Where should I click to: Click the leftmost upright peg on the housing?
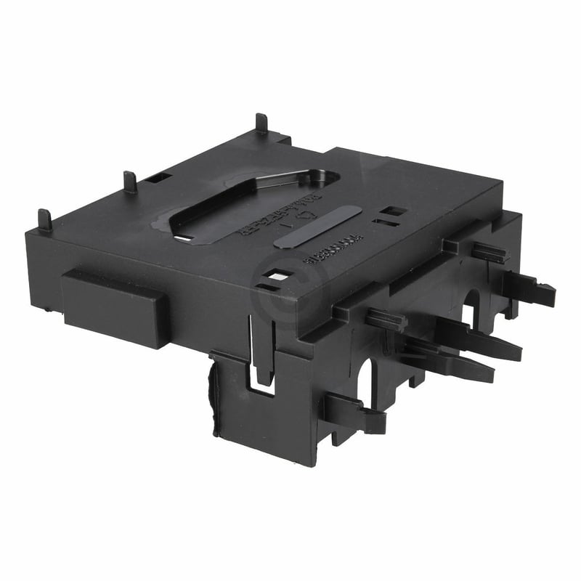[44, 219]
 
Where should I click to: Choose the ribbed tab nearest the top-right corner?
[491, 252]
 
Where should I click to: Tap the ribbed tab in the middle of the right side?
[385, 320]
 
